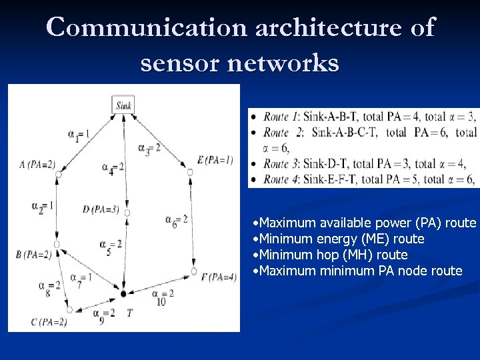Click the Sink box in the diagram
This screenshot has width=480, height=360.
pos(124,105)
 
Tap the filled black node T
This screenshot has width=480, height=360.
pos(123,293)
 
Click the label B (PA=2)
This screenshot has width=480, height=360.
pos(33,254)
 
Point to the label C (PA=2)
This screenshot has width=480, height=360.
pos(49,323)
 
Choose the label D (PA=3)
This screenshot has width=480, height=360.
pos(101,209)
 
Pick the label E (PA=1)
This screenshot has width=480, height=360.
pos(215,159)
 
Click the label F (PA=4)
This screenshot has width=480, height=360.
pos(219,277)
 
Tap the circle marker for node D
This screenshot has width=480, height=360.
pos(127,213)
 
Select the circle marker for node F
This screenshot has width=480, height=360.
pos(193,271)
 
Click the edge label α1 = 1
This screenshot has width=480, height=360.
pos(78,135)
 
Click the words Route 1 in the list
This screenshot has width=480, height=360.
pos(280,117)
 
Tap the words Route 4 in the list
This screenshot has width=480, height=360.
pos(280,179)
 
